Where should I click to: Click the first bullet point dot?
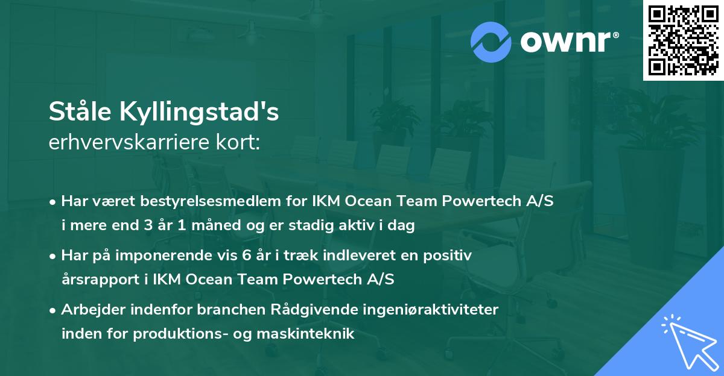(x=54, y=202)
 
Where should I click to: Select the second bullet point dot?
(x=54, y=256)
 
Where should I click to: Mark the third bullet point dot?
(x=54, y=310)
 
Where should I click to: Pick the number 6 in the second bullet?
(x=246, y=255)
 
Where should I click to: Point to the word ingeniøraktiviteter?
(x=430, y=310)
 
